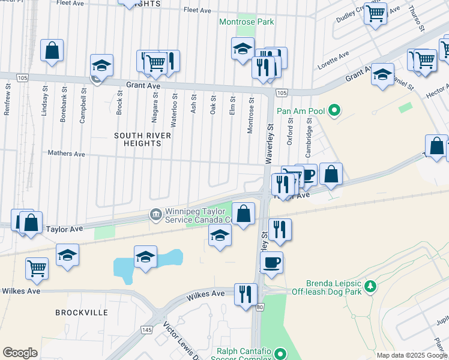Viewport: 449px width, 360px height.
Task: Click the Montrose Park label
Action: (x=246, y=22)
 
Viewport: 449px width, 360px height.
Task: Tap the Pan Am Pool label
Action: (x=300, y=111)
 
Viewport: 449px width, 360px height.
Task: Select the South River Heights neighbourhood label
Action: (x=143, y=140)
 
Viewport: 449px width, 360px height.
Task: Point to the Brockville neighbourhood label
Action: (x=82, y=313)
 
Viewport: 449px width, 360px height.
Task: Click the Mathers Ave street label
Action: (x=67, y=154)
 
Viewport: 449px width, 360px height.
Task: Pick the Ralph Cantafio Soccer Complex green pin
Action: (x=279, y=353)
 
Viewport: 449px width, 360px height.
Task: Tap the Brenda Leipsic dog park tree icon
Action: (x=371, y=284)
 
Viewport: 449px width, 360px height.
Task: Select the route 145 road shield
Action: (x=146, y=330)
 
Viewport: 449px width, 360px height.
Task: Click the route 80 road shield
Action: (x=260, y=307)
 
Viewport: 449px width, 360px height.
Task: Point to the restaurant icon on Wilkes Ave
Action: (x=246, y=294)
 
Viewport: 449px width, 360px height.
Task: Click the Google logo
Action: (x=20, y=353)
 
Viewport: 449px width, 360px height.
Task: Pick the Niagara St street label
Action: (x=155, y=103)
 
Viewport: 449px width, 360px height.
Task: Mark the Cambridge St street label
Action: (x=309, y=135)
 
